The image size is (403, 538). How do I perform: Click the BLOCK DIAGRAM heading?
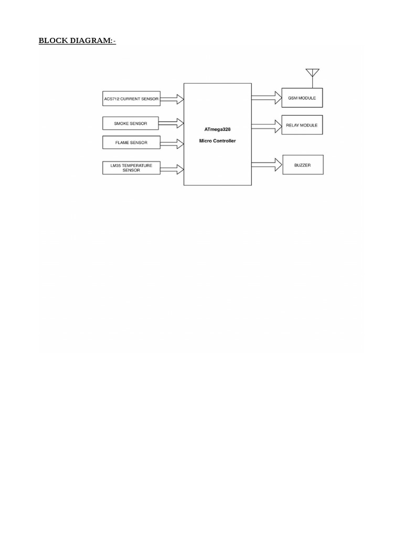77,40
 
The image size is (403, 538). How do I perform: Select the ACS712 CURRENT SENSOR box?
131,98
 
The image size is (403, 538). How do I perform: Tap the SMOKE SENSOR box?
131,123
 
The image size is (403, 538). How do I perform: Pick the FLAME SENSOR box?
131,142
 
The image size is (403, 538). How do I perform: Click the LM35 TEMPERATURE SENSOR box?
131,168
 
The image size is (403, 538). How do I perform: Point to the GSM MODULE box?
302,98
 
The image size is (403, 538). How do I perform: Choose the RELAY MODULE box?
302,125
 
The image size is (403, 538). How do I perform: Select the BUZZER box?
303,165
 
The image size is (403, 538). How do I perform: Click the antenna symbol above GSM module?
312,73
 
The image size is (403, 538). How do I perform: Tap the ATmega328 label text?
217,129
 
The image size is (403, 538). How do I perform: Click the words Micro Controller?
217,141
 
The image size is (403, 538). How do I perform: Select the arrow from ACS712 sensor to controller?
172,98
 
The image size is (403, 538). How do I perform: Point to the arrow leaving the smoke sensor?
171,123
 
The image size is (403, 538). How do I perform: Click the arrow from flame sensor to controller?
172,143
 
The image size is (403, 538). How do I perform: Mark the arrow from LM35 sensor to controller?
172,169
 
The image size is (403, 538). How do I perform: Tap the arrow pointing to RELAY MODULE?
267,125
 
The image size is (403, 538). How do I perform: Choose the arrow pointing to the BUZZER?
267,163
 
